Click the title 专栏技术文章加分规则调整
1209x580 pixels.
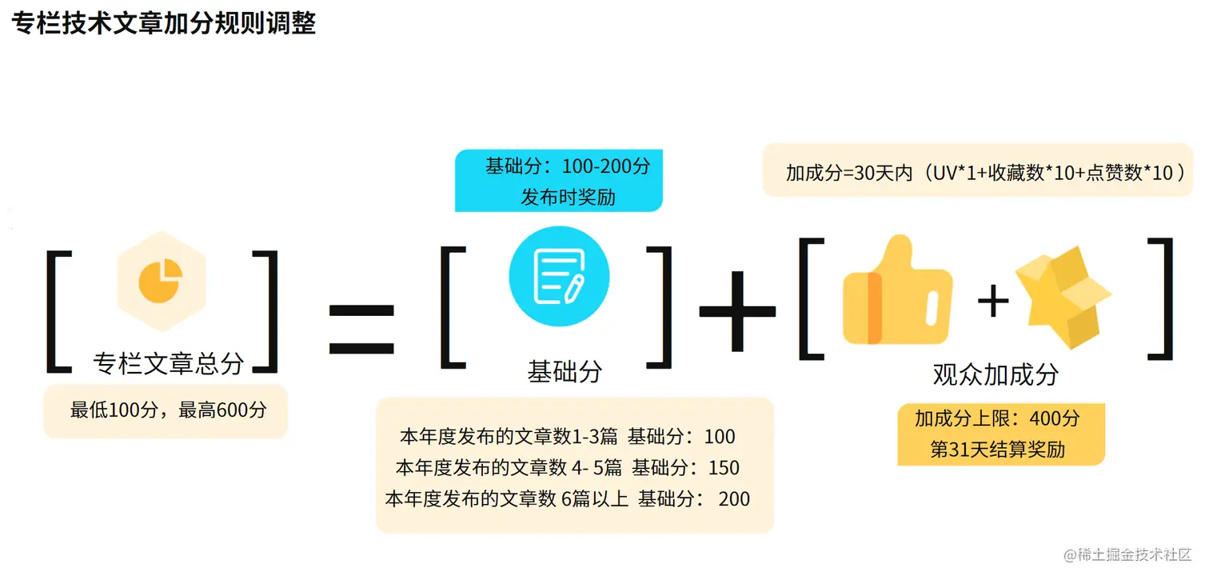coord(164,22)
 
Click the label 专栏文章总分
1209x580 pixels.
coord(168,364)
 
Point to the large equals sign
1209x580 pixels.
coord(361,330)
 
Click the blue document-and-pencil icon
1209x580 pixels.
coord(559,276)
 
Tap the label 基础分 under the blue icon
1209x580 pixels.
coord(565,371)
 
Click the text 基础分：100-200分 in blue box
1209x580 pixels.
coord(568,167)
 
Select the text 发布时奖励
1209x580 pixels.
coord(568,197)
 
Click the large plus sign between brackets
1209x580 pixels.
coord(737,312)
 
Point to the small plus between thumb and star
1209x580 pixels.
coord(993,302)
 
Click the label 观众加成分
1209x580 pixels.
coord(996,374)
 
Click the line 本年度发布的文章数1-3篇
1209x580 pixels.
coord(509,437)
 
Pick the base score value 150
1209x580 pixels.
coord(724,468)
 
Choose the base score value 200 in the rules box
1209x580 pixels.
coord(734,499)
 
